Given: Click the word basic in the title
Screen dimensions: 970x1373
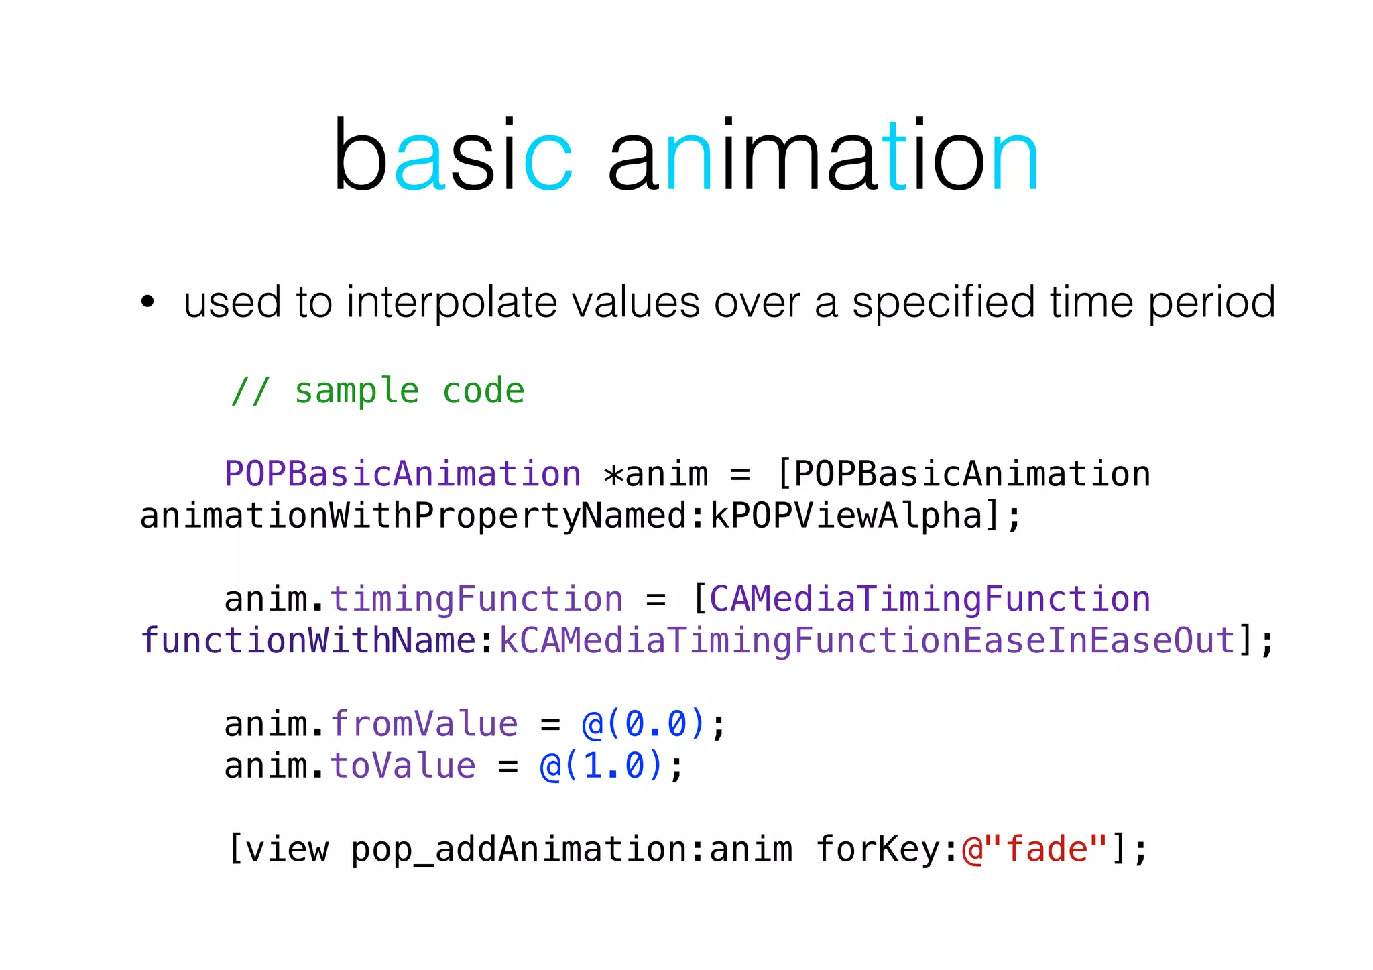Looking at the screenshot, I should coord(453,156).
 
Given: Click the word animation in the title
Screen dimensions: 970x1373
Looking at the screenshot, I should coord(823,156).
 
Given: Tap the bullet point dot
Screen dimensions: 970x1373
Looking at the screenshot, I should coord(147,302).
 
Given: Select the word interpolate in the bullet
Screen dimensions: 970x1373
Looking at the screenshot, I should coord(452,303).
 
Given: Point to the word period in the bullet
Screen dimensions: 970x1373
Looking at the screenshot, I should coord(1211,303).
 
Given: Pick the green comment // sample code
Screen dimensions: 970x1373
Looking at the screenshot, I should coord(377,391).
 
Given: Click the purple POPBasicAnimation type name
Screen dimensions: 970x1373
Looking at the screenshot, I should coord(402,474).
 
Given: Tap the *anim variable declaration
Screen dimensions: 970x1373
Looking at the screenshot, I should coord(655,474).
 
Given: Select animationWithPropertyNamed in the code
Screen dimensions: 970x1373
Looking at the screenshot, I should coord(413,516).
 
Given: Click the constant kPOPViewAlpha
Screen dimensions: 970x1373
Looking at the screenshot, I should coord(846,516).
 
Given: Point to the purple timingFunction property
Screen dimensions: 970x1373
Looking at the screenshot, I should coord(476,599).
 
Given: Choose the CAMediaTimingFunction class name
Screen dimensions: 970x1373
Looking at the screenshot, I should coord(930,599).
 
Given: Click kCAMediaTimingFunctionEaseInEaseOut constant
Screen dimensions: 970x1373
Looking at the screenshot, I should coord(867,640).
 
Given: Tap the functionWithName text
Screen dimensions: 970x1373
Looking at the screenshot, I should coord(308,640).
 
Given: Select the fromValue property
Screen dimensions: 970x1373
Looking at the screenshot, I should coord(424,724).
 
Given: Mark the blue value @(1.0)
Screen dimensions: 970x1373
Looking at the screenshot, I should coord(601,766).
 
